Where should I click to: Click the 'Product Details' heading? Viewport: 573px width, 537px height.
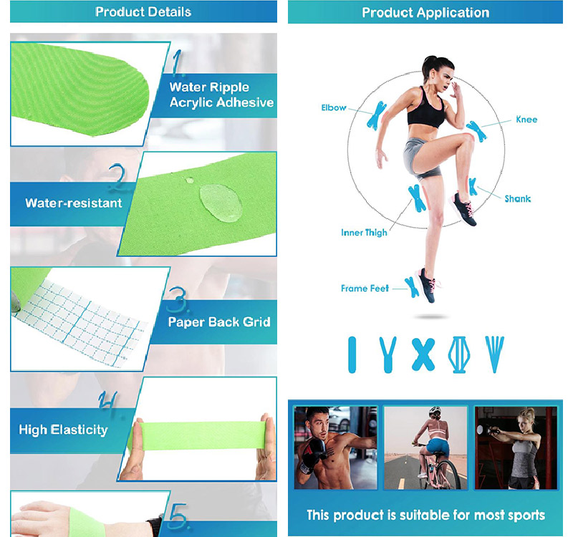tap(143, 11)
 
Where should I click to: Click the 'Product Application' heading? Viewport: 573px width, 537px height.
tap(425, 12)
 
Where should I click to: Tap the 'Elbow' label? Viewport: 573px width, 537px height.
tap(333, 108)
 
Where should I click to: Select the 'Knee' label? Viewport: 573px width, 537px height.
tap(526, 120)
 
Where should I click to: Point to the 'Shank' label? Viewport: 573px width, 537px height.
tap(517, 198)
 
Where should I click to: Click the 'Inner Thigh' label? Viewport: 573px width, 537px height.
tap(364, 233)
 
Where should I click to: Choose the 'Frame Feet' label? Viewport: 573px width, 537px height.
tap(365, 289)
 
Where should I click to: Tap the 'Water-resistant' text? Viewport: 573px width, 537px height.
tap(74, 203)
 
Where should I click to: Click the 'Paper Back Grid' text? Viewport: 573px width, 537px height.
tap(219, 322)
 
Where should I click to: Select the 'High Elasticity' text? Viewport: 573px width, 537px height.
tap(63, 430)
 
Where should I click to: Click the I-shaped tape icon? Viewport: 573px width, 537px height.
tap(352, 354)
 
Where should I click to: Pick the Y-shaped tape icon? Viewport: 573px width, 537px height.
tap(387, 353)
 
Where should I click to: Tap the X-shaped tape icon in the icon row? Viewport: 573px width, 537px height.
tap(423, 354)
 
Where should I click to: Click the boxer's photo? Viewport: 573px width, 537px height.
tap(335, 447)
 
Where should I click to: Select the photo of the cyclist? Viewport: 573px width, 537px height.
tap(425, 447)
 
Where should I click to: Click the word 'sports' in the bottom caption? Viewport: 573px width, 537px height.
tap(523, 516)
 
